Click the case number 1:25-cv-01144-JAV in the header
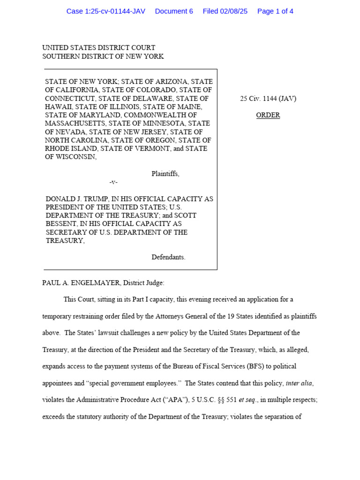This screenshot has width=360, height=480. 105,11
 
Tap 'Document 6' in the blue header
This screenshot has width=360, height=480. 174,11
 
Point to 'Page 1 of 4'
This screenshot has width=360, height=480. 275,11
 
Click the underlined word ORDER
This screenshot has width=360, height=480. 268,115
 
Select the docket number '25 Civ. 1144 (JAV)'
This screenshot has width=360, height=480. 268,99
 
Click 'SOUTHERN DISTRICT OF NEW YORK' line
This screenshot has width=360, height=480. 103,56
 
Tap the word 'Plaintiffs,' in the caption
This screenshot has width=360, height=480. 165,174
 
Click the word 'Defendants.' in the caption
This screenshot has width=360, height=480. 168,257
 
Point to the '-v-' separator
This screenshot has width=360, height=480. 113,182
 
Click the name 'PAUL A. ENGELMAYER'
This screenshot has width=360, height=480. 79,283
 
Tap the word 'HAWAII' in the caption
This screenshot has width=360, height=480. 57,107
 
